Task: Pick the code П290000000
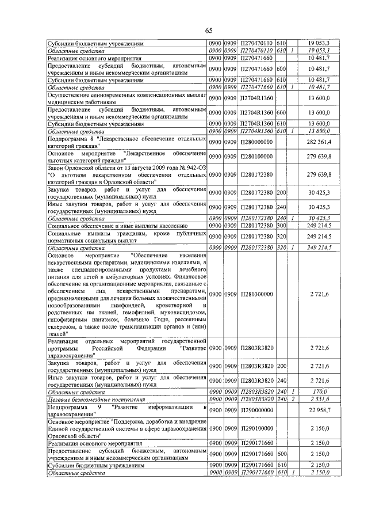(256, 410)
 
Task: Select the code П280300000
(256, 294)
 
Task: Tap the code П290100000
(256, 429)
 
